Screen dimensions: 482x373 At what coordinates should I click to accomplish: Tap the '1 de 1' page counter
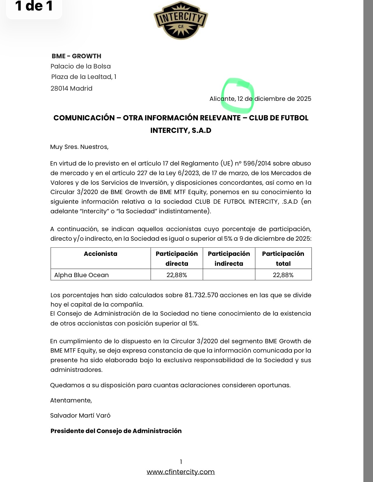tap(34, 6)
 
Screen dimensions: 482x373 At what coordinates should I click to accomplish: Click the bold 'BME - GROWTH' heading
tap(76, 56)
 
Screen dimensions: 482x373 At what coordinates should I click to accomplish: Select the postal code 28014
tap(59, 89)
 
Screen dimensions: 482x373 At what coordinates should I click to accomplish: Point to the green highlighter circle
tap(238, 95)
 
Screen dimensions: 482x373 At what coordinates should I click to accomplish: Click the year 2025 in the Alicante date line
tap(304, 99)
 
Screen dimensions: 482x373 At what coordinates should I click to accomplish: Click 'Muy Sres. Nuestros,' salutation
tap(79, 147)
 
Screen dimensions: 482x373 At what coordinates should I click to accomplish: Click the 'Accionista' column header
tap(101, 254)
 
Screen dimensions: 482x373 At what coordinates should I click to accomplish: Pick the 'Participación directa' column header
tap(177, 258)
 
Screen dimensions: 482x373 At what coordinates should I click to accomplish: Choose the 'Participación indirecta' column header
tap(229, 258)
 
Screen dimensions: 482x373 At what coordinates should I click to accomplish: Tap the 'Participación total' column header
tap(283, 258)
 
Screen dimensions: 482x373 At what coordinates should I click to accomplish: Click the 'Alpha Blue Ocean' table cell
tap(82, 275)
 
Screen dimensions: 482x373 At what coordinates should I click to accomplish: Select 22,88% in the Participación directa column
tap(177, 275)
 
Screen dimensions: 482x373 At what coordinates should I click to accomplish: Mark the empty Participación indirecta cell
tap(229, 275)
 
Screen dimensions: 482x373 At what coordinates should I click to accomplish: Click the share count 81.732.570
tap(201, 295)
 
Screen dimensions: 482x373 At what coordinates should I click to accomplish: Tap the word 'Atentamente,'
tap(71, 400)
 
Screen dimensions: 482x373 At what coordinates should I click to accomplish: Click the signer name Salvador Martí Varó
tap(80, 416)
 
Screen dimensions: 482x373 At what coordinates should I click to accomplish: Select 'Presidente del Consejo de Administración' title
tap(116, 431)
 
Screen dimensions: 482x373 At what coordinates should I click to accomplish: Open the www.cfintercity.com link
tap(181, 472)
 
